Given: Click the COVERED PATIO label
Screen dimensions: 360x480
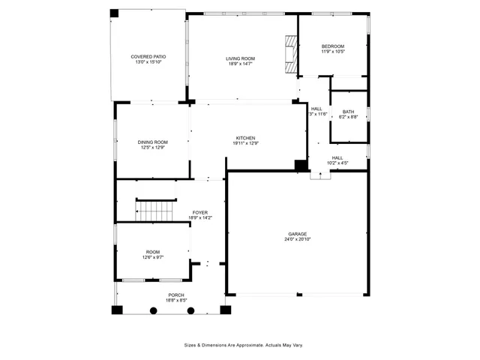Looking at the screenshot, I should point(148,56).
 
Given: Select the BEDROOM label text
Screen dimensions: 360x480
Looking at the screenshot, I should point(333,46).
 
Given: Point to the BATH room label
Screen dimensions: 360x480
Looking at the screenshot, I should point(349,112).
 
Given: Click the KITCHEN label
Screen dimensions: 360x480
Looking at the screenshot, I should point(246,137).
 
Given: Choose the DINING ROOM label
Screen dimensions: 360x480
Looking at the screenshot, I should point(152,142).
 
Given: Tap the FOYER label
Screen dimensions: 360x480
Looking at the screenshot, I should point(200,212).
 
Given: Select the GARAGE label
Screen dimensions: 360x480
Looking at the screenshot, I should point(297,233).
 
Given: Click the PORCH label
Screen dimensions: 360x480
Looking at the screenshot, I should point(176,295).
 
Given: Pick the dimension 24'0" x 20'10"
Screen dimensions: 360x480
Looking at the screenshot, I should point(297,239).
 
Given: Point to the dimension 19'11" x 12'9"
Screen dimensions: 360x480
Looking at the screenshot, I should point(246,143).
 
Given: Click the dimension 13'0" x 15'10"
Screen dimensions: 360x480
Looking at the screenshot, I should point(148,62).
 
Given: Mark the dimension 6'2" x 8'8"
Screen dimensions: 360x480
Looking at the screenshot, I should point(349,117).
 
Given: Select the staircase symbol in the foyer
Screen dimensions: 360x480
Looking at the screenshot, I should point(154,210).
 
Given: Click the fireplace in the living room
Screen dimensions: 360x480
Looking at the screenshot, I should point(289,53).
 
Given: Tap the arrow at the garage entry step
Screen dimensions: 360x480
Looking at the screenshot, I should point(321,175).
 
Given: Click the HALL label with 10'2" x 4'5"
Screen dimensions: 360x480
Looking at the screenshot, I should point(337,157).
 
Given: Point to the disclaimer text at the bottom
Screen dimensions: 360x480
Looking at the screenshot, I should point(244,345).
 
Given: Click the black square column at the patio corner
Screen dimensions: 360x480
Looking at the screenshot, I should point(114,13).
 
